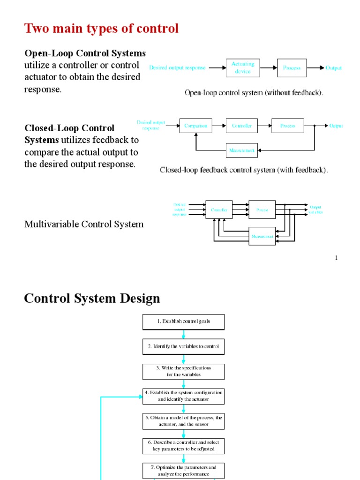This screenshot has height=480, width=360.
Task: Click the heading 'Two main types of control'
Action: pos(101,29)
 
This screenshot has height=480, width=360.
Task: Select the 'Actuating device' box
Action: pos(242,68)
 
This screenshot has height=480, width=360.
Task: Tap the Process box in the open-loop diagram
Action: pos(292,68)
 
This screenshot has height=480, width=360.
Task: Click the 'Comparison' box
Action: pos(195,126)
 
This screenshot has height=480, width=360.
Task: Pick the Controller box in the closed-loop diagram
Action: pos(242,126)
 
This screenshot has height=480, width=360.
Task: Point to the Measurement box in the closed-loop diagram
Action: pos(242,150)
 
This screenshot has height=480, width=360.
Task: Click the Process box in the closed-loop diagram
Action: pos(287,126)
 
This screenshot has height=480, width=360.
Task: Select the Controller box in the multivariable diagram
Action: pos(219,210)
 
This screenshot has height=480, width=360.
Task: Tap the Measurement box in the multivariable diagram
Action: pos(262,236)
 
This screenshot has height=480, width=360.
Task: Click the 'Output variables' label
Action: pos(315,210)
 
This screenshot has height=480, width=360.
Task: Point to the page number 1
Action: pos(336,257)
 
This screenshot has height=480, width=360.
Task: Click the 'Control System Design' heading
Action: pos(92,298)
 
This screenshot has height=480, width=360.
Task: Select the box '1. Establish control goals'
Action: pos(183,322)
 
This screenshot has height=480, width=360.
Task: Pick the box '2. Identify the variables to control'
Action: pos(183,346)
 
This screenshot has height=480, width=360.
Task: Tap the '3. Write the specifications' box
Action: pos(183,371)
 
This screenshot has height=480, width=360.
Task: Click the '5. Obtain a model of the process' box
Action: pos(183,420)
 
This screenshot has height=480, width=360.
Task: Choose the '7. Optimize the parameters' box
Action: pos(183,471)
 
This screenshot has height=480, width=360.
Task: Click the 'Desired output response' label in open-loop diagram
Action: pos(177,68)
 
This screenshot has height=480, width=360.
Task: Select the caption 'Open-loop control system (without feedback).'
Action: pos(254,93)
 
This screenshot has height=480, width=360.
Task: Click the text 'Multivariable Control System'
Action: pos(84,224)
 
